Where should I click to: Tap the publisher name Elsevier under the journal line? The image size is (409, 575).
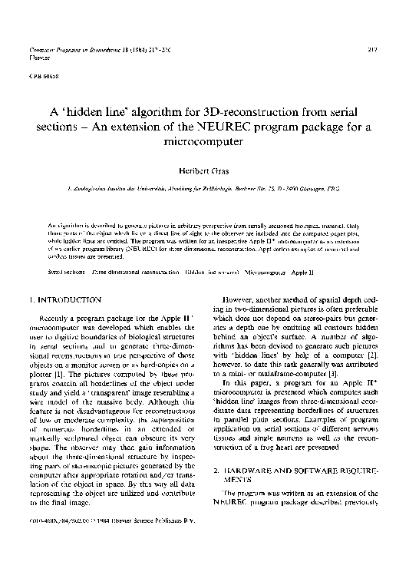(x=37, y=56)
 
